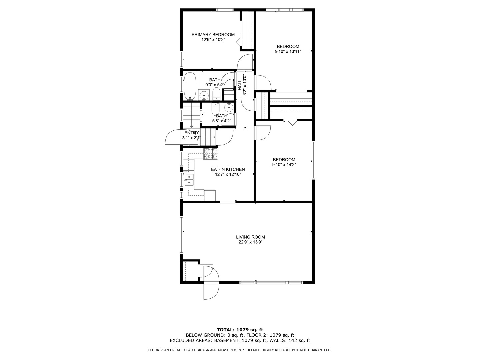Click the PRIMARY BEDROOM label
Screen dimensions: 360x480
[213, 35]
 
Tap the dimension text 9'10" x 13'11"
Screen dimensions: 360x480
[288, 52]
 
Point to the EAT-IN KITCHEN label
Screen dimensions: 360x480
[228, 170]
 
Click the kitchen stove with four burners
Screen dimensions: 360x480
[211, 154]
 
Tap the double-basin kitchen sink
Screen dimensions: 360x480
[189, 180]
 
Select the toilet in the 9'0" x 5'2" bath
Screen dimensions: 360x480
[216, 94]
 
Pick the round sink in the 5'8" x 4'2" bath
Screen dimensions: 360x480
[229, 107]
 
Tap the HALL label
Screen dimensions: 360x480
[240, 84]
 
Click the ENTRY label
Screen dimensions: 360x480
[191, 133]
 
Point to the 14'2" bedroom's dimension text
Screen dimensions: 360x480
[284, 165]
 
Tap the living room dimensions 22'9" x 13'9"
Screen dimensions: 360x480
[250, 242]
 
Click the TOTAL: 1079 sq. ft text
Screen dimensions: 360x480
[240, 330]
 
